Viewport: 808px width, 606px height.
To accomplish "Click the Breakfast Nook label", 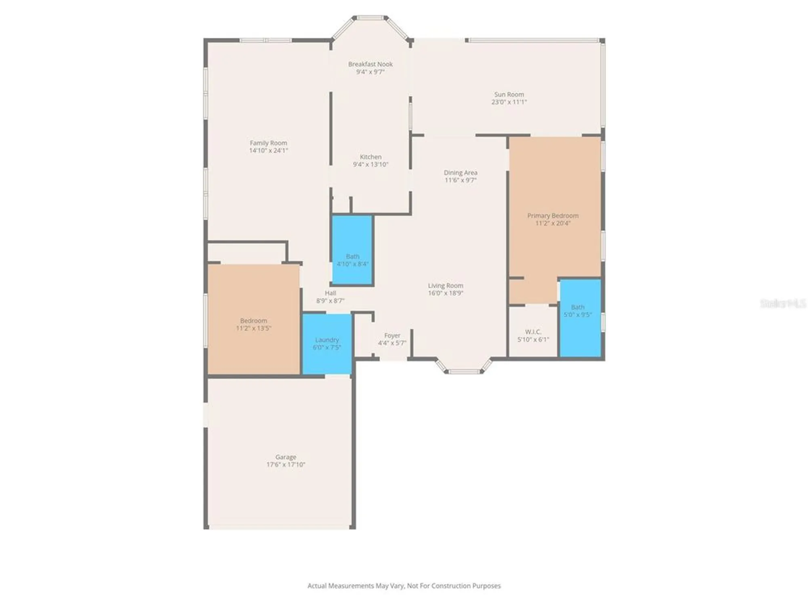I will pyautogui.click(x=370, y=64).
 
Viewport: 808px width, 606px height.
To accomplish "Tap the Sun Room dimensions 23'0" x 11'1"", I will pyautogui.click(x=509, y=102).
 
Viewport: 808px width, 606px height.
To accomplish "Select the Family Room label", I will pyautogui.click(x=268, y=143).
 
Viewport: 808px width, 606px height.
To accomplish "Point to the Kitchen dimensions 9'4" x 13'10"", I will pyautogui.click(x=370, y=164).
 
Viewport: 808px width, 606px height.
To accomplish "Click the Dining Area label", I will pyautogui.click(x=461, y=173).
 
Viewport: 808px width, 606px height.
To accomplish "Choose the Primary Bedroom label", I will pyautogui.click(x=553, y=216).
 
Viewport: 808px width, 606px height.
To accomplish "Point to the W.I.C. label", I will pyautogui.click(x=533, y=332).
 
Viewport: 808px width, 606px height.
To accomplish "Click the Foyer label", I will pyautogui.click(x=392, y=336).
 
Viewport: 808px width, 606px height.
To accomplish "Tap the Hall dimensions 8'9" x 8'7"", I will pyautogui.click(x=330, y=301).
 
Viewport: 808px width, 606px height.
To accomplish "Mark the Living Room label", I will pyautogui.click(x=446, y=286).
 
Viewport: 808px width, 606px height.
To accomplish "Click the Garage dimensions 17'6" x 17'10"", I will pyautogui.click(x=286, y=465).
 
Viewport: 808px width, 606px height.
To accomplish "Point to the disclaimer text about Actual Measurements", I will pyautogui.click(x=404, y=586).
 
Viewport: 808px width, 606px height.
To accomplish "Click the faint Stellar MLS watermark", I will pyautogui.click(x=783, y=303).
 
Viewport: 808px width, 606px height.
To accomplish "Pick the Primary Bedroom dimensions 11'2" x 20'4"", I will pyautogui.click(x=553, y=223).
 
